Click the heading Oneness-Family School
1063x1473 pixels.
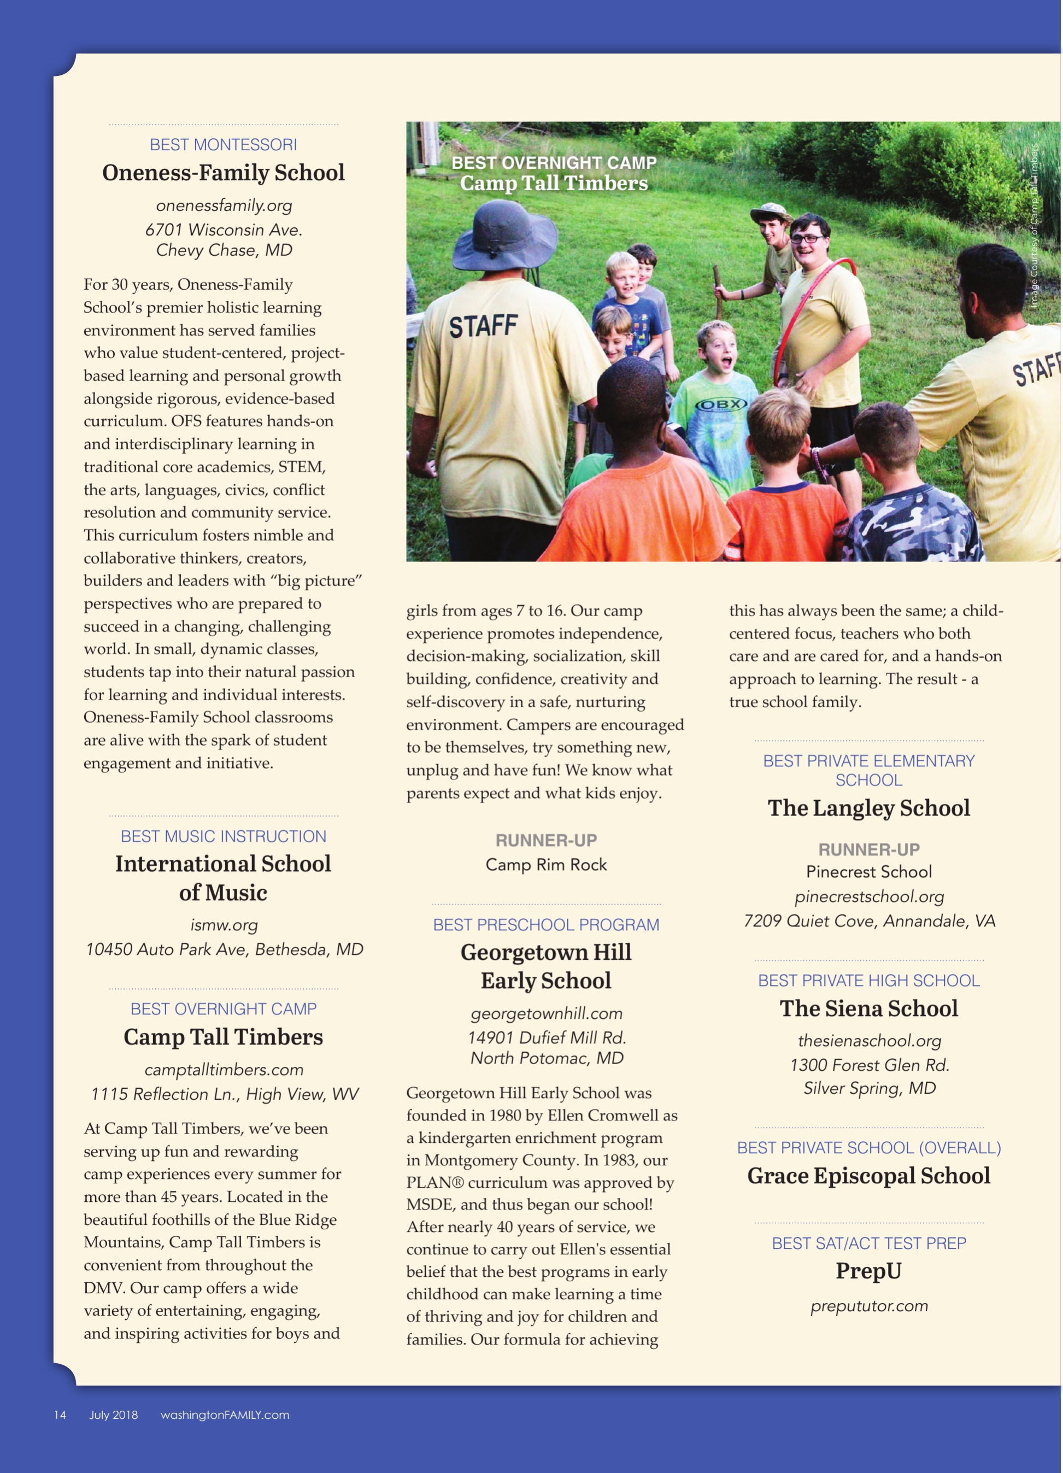click(224, 173)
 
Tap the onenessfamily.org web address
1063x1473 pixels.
click(224, 206)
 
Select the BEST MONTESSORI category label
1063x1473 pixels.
click(224, 145)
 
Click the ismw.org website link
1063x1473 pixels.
click(224, 925)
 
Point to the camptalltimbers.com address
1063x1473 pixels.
click(224, 1069)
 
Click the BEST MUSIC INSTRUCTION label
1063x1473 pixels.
click(224, 836)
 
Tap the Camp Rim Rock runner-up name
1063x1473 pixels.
click(546, 865)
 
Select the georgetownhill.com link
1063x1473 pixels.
click(546, 1013)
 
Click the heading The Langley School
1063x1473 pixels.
click(868, 808)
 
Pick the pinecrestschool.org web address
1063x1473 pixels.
click(869, 896)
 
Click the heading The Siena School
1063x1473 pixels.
click(868, 1008)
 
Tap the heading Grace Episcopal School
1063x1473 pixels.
click(868, 1176)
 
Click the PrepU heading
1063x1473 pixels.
click(868, 1270)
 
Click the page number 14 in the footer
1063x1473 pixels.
click(60, 1415)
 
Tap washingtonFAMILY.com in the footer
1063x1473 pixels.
click(225, 1415)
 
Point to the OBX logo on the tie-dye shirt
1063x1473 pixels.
click(721, 404)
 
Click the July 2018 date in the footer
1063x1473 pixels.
click(113, 1415)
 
